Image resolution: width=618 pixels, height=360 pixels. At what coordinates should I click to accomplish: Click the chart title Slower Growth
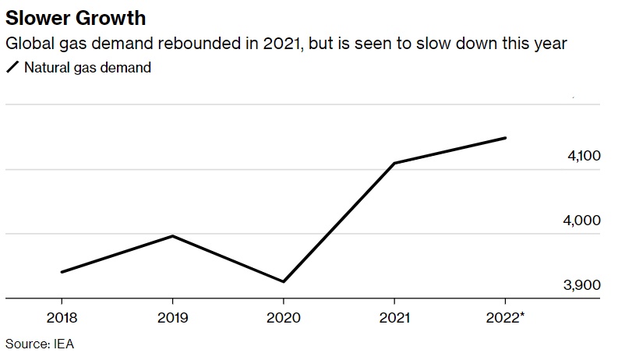76,17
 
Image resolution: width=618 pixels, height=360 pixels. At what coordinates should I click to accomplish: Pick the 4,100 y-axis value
584,157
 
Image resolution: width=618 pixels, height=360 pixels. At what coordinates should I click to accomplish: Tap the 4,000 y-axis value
584,221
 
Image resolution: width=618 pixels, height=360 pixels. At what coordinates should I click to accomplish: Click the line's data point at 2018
62,272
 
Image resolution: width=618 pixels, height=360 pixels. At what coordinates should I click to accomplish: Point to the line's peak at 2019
172,235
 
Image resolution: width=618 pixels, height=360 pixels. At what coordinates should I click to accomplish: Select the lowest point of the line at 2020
283,281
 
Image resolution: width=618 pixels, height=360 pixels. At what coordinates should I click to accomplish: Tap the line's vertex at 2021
394,163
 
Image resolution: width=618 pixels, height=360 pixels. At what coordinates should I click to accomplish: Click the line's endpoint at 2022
506,138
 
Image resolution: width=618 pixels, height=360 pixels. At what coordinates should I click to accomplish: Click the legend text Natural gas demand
87,68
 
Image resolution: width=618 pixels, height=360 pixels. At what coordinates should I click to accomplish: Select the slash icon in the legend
12,68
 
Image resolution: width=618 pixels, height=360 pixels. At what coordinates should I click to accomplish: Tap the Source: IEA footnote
40,343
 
